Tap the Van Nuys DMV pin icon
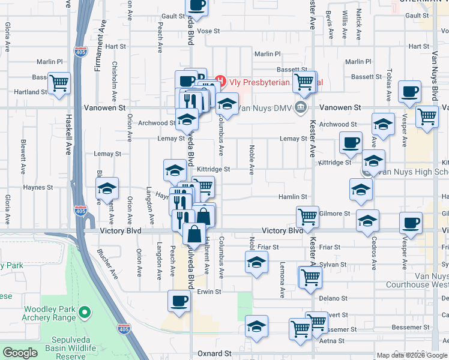click(301, 108)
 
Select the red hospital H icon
click(220, 80)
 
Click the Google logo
click(20, 353)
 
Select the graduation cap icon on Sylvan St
click(256, 262)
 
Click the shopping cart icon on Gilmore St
click(307, 215)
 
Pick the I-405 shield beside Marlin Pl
click(79, 52)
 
